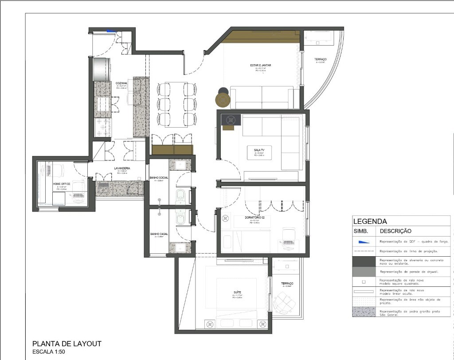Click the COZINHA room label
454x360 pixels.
121,83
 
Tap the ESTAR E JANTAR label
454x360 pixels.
260,65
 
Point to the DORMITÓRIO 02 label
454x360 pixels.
254,217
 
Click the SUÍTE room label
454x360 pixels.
237,293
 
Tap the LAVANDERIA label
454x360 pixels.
121,168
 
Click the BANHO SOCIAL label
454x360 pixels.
159,177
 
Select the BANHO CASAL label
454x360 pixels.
158,234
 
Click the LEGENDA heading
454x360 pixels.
370,221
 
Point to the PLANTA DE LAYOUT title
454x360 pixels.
67,344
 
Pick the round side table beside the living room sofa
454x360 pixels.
223,98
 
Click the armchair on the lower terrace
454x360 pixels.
283,304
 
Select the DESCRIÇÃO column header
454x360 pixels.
395,231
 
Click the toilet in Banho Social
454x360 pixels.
180,196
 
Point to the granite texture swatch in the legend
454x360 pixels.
364,312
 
